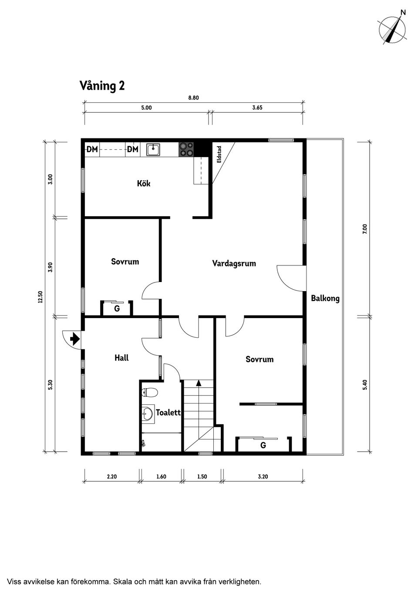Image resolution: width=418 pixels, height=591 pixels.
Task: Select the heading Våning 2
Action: [x=102, y=86]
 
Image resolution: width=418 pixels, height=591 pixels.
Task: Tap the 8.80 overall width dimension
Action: [x=193, y=98]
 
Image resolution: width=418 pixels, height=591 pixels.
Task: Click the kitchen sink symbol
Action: [x=153, y=150]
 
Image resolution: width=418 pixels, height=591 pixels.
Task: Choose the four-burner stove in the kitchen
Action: [x=186, y=149]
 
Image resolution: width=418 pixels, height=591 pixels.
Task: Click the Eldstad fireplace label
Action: [x=219, y=154]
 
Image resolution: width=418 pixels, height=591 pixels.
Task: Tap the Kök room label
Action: [x=143, y=184]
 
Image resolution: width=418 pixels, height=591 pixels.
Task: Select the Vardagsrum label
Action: [x=234, y=263]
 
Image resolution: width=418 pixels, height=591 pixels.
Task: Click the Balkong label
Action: [x=325, y=299]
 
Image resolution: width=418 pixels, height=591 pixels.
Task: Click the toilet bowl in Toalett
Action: [x=149, y=393]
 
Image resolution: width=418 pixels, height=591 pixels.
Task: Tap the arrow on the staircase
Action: [x=199, y=383]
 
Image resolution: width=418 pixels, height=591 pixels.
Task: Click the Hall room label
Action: [x=121, y=358]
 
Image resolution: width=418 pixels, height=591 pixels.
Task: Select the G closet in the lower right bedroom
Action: [x=263, y=446]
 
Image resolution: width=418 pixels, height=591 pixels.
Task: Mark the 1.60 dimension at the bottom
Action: [x=161, y=477]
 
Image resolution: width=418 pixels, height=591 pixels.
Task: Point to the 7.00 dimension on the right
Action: [x=365, y=229]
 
